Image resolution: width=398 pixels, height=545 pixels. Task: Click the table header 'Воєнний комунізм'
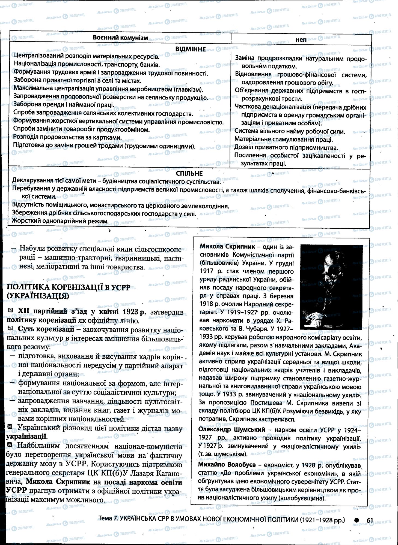coord(120,38)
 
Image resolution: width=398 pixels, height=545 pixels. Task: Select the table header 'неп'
coord(301,40)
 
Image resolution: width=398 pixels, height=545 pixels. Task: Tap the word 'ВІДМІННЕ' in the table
coord(190,49)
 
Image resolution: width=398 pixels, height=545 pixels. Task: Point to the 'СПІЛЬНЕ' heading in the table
coord(189,174)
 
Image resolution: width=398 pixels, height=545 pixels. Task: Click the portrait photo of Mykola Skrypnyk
coord(331,287)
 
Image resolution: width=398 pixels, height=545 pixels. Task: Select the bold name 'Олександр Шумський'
coord(231,430)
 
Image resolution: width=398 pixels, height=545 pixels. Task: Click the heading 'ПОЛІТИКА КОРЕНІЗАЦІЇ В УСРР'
coord(68,287)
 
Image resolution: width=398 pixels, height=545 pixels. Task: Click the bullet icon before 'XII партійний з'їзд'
coord(11,310)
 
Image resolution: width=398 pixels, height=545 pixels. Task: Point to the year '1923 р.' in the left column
coord(134,311)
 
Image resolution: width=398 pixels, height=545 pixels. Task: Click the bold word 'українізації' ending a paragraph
coord(26,436)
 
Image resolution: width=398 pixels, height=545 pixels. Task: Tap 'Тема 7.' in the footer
coord(108,520)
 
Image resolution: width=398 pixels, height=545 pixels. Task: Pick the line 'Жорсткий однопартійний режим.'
coord(60,221)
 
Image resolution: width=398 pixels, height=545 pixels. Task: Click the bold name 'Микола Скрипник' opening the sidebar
coord(227,247)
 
